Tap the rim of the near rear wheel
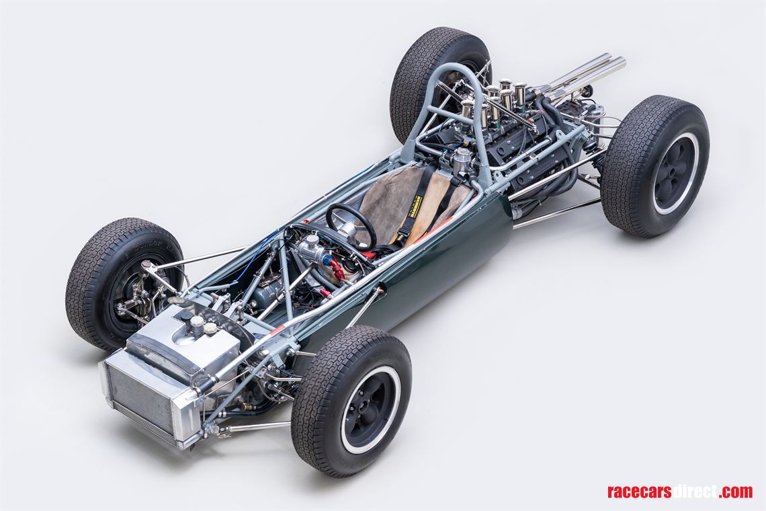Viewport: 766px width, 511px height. tap(675, 173)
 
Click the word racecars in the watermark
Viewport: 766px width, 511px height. tap(638, 492)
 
